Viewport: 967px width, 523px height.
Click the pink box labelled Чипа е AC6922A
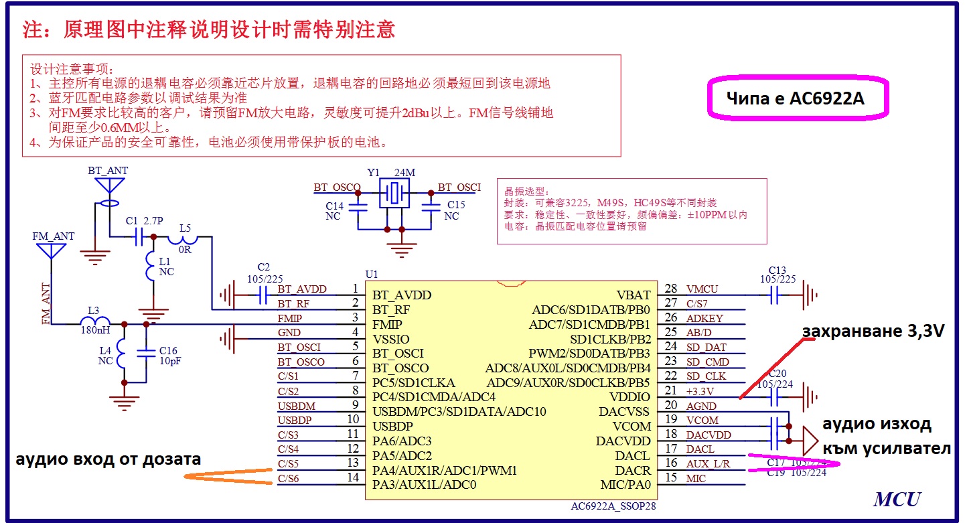[796, 99]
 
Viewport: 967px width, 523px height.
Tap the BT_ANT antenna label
[107, 171]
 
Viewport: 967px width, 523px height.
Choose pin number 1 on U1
[355, 289]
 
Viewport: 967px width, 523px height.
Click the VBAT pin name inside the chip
[634, 295]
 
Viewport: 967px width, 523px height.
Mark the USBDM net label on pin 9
[296, 406]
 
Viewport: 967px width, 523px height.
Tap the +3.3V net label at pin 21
[700, 392]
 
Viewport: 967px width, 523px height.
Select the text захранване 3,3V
[873, 331]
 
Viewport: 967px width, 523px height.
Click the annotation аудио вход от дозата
[108, 459]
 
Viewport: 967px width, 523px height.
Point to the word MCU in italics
[897, 499]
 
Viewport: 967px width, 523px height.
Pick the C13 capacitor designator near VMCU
[777, 271]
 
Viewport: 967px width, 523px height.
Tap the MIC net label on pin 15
[696, 479]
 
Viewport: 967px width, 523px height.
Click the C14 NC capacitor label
[334, 211]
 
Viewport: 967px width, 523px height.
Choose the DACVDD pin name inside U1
[623, 441]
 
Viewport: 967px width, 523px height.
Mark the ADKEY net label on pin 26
[704, 319]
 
